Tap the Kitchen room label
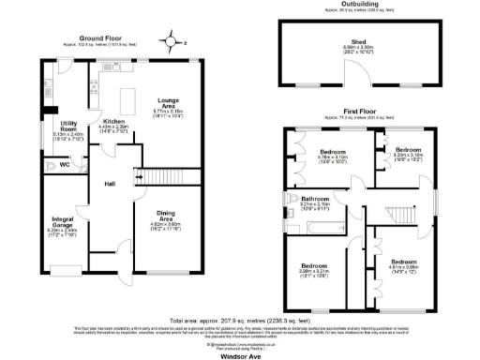[x=113, y=122]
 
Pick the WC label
[x=64, y=166]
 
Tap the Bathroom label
[x=314, y=200]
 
